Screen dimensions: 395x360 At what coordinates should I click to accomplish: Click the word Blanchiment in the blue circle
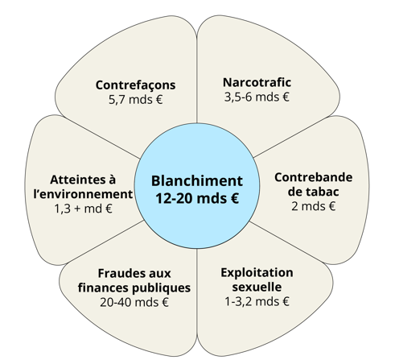click(197, 180)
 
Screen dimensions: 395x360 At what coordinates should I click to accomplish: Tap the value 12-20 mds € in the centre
click(197, 199)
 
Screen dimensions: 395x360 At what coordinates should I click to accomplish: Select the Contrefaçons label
click(135, 85)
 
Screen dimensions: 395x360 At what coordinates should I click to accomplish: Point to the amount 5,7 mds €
click(135, 100)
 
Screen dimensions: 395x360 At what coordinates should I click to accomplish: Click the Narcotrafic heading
click(257, 82)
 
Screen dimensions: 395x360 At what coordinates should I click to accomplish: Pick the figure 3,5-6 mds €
click(257, 97)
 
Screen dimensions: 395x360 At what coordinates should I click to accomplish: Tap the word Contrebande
click(313, 177)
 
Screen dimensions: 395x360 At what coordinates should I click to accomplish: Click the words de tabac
click(313, 192)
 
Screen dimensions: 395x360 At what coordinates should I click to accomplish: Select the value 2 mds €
click(313, 206)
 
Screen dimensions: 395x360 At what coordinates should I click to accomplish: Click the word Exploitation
click(257, 273)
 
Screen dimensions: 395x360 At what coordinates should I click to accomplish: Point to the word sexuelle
click(257, 287)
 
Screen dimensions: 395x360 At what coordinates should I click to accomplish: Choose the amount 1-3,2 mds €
click(257, 301)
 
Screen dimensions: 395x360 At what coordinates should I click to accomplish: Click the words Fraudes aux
click(134, 274)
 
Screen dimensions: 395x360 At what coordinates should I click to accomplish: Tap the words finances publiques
click(134, 288)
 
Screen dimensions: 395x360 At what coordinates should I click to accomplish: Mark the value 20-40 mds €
click(134, 303)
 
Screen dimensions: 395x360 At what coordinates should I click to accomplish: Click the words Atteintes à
click(83, 180)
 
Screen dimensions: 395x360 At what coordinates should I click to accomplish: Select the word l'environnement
click(83, 194)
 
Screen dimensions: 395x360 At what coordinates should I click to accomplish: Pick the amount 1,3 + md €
click(83, 209)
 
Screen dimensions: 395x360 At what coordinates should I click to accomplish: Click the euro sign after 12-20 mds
click(234, 199)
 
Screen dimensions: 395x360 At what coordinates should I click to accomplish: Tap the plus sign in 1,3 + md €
click(77, 209)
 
